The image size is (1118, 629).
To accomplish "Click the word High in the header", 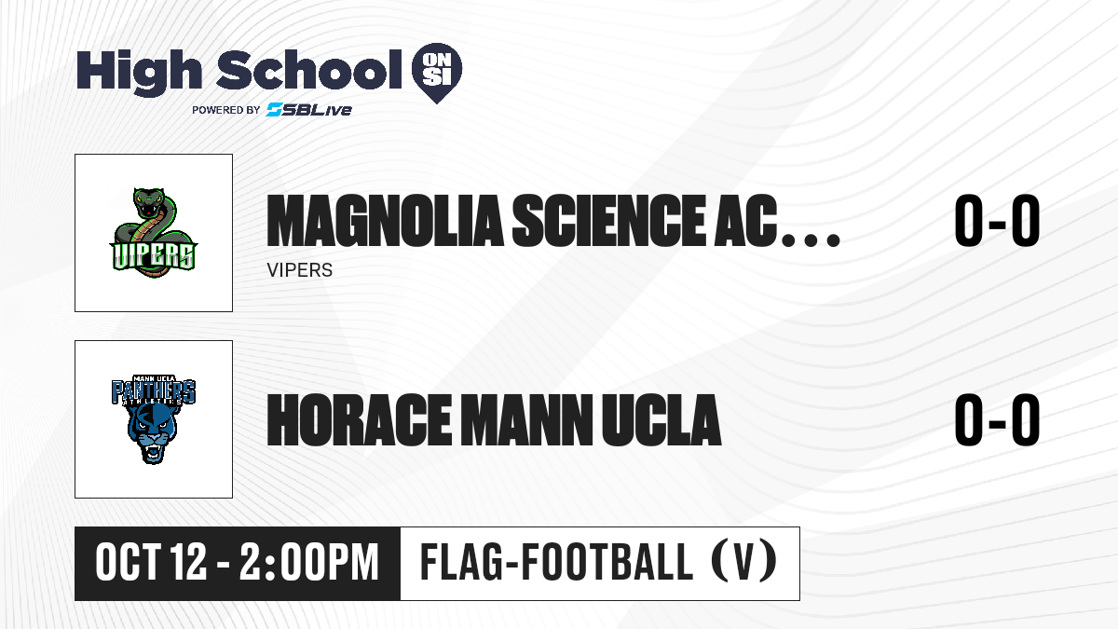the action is [139, 72].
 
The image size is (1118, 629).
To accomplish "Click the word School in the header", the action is [309, 70].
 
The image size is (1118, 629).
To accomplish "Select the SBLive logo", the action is [309, 110].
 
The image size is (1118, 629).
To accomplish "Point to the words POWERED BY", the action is [226, 110].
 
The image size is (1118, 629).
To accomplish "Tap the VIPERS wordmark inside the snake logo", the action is [154, 256].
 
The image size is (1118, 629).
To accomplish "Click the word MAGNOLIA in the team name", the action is [385, 221].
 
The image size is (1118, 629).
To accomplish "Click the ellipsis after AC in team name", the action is [811, 240].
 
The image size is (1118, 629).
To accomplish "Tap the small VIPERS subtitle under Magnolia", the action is [299, 270].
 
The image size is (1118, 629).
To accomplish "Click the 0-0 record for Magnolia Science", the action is [997, 221].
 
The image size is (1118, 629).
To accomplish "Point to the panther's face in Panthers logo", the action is [153, 433].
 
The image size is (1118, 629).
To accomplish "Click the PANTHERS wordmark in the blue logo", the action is [153, 390].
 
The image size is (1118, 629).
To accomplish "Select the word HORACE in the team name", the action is [359, 420].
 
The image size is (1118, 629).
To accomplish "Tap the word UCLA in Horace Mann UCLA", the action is [661, 420].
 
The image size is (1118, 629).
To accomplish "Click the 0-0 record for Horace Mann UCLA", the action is [997, 420].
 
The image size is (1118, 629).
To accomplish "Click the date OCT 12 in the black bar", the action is [151, 562].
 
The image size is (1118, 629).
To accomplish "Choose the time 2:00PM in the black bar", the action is [309, 562].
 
